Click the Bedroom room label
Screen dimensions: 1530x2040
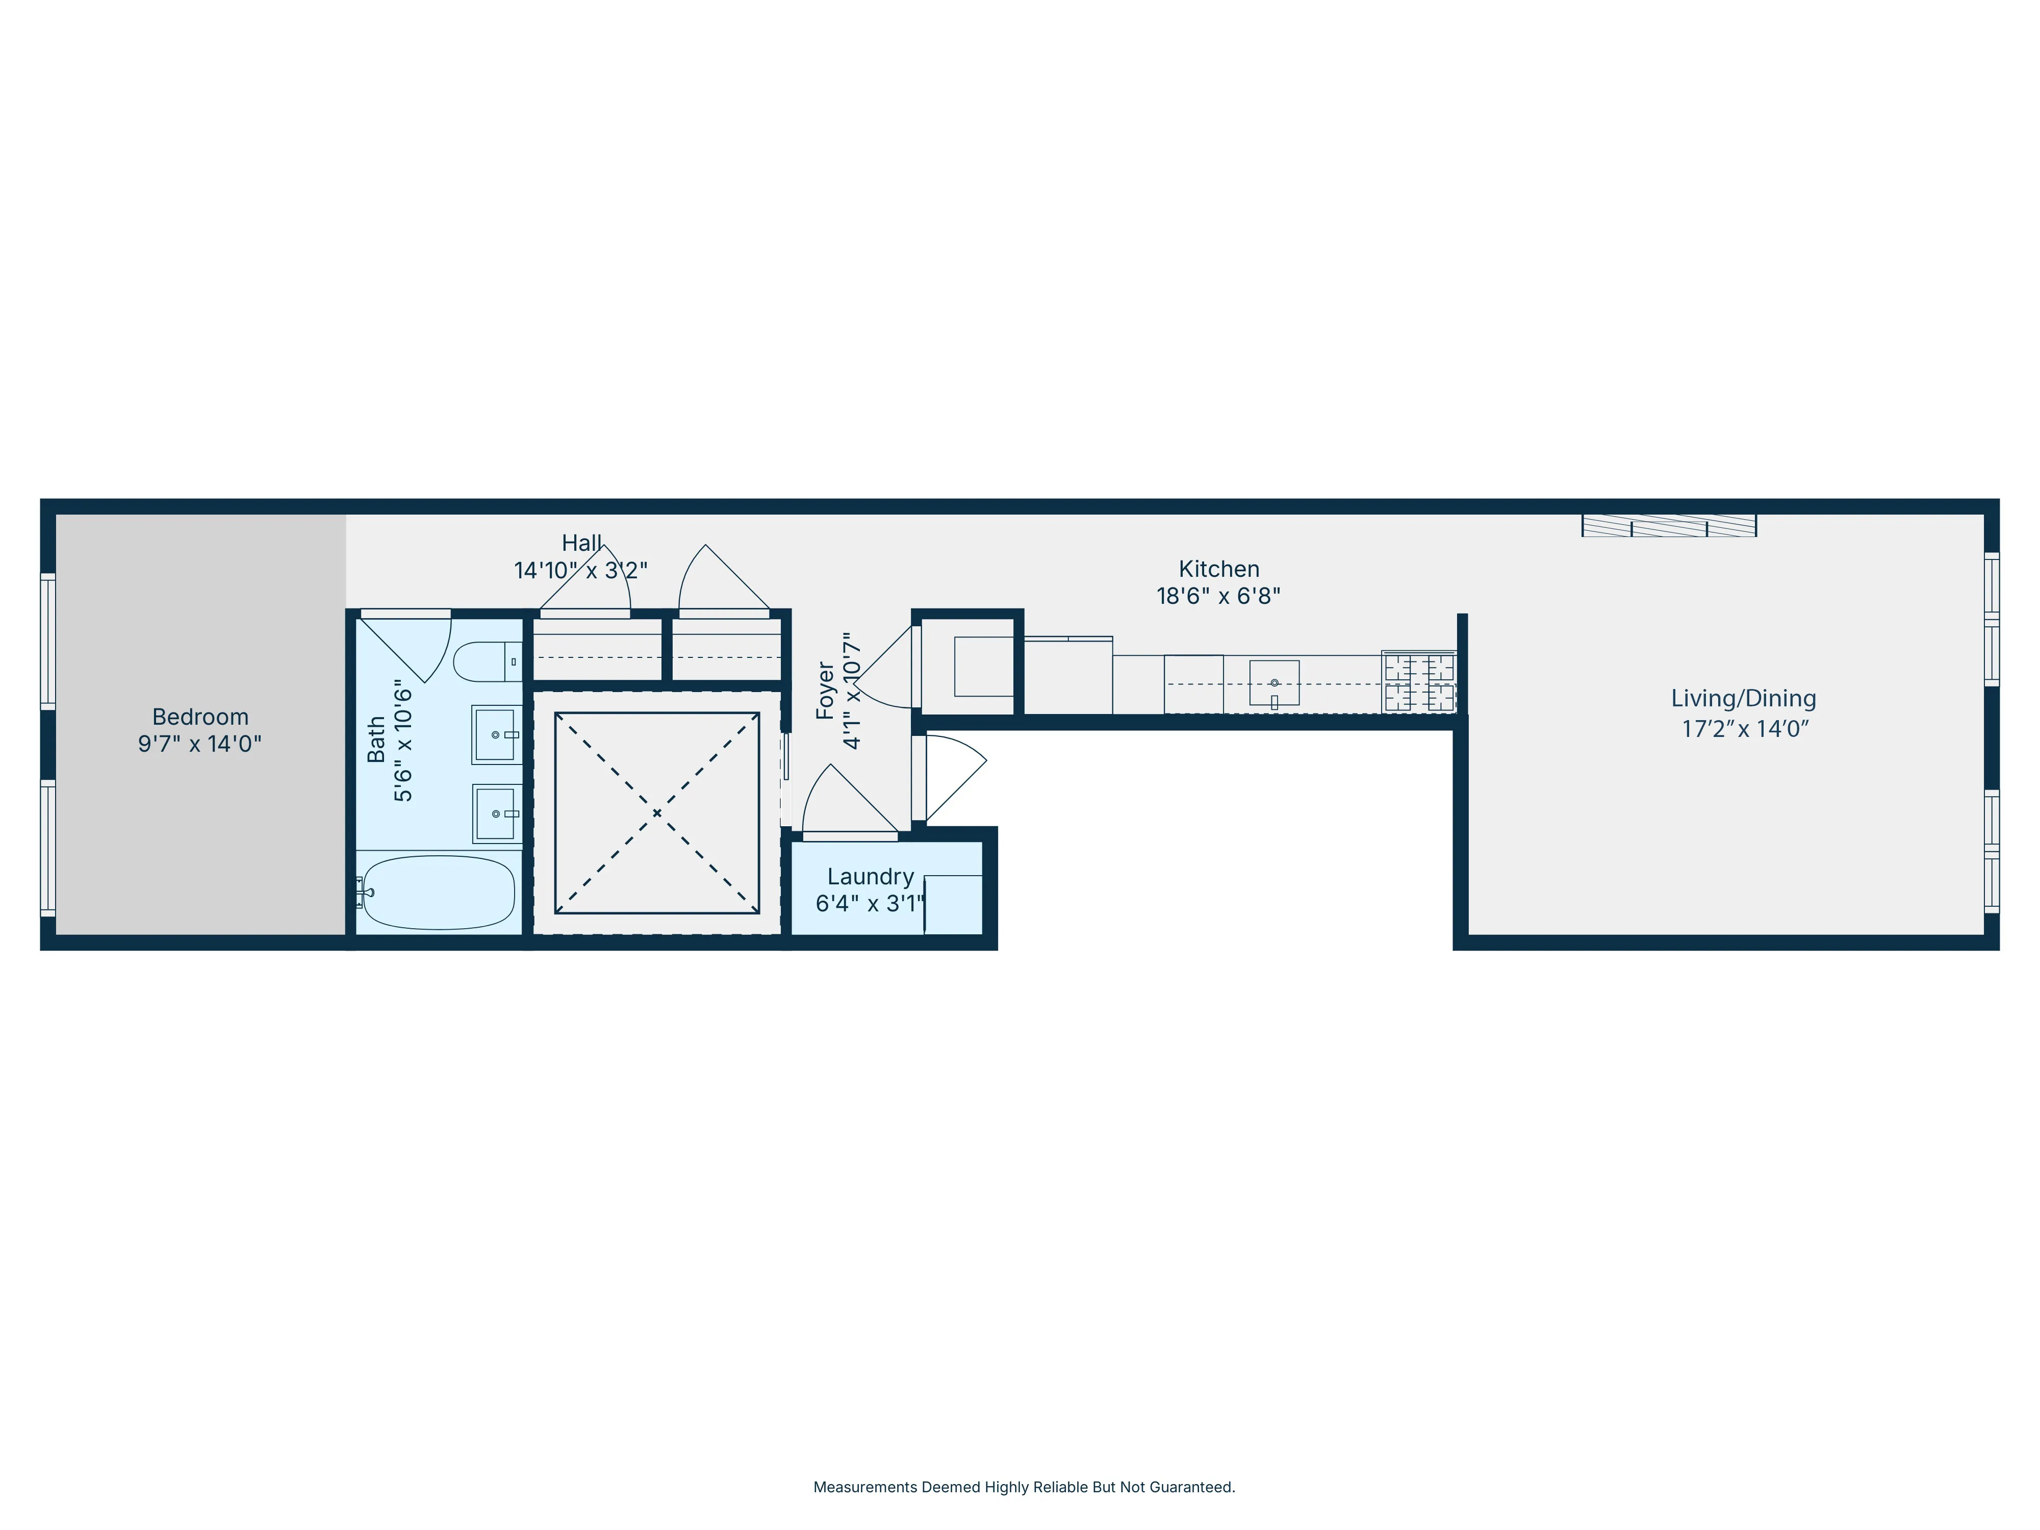click(200, 717)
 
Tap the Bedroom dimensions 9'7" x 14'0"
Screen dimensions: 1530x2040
click(200, 744)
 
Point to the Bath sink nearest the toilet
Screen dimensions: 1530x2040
click(496, 734)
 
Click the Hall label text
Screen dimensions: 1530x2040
click(582, 543)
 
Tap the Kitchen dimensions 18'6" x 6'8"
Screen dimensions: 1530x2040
click(1218, 596)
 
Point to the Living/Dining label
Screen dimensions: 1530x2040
click(1743, 698)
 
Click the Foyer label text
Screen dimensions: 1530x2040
click(825, 690)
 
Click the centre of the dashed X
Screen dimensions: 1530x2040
click(657, 812)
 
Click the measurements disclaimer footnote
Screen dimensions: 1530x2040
click(1024, 1487)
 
